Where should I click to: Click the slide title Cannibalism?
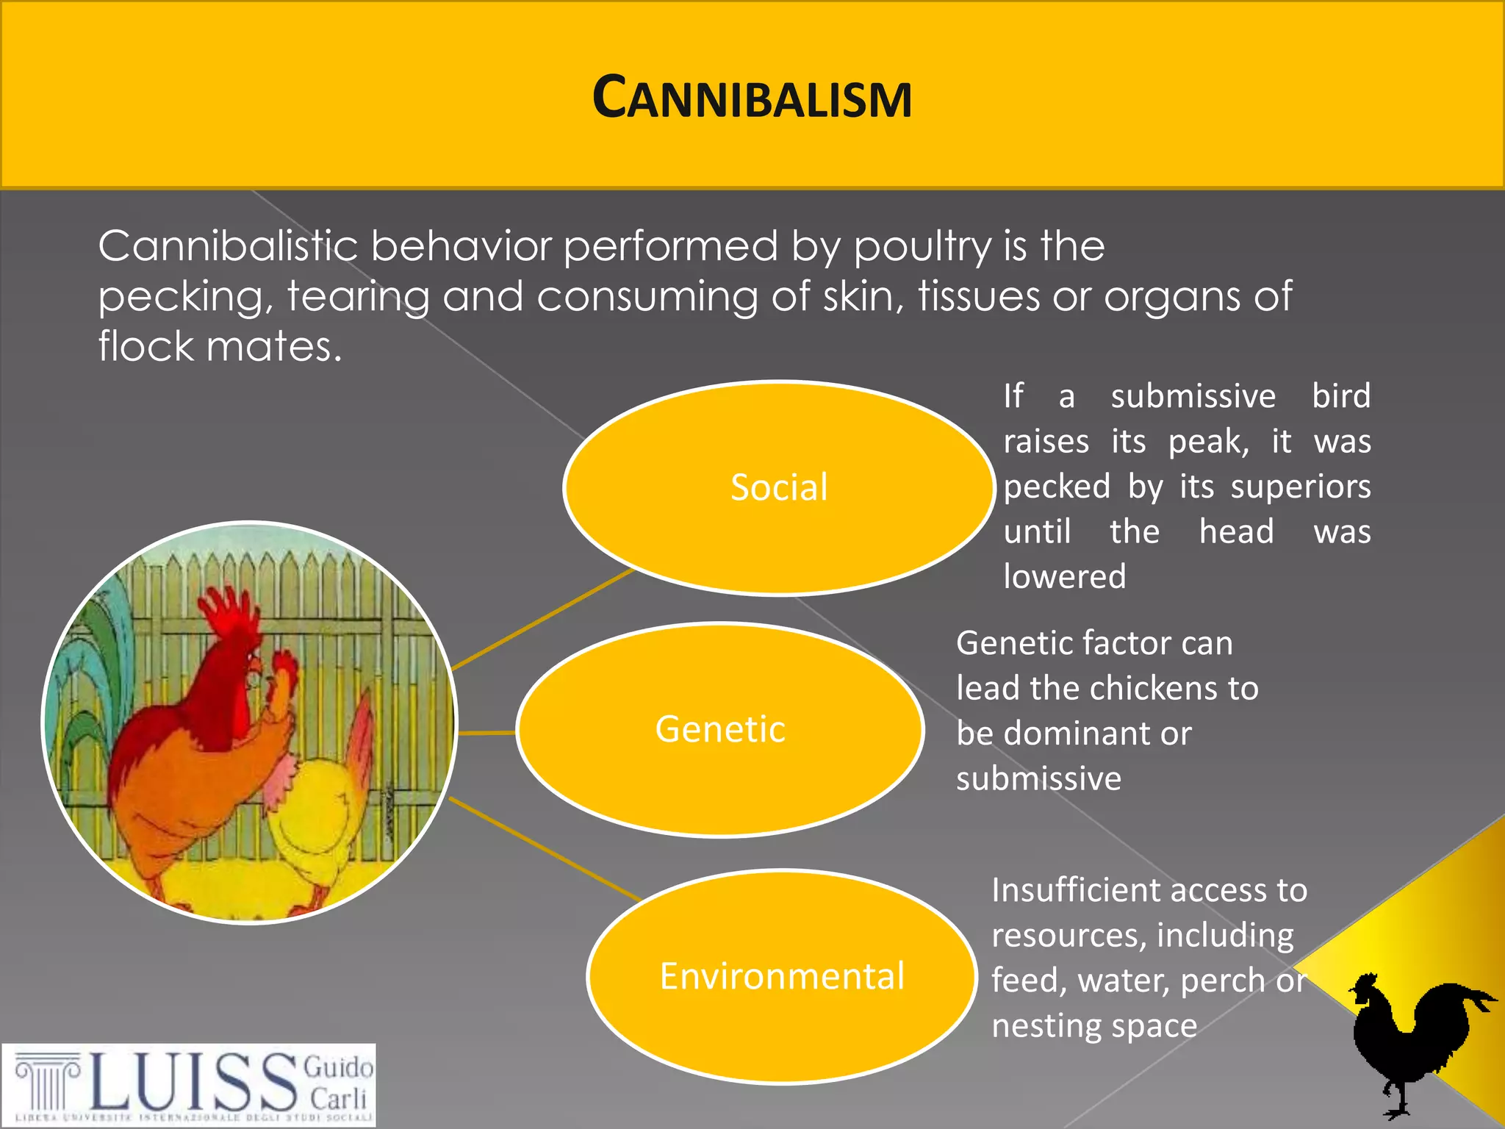752,98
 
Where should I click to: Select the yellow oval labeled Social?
779,487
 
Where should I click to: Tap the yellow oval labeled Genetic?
720,729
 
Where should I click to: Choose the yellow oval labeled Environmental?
782,976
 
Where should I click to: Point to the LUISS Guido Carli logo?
189,1084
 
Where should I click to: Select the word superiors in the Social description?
1300,487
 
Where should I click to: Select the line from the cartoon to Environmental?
544,849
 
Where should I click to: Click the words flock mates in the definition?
220,346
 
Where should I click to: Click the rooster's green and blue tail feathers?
88,662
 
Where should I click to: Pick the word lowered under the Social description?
1064,577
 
